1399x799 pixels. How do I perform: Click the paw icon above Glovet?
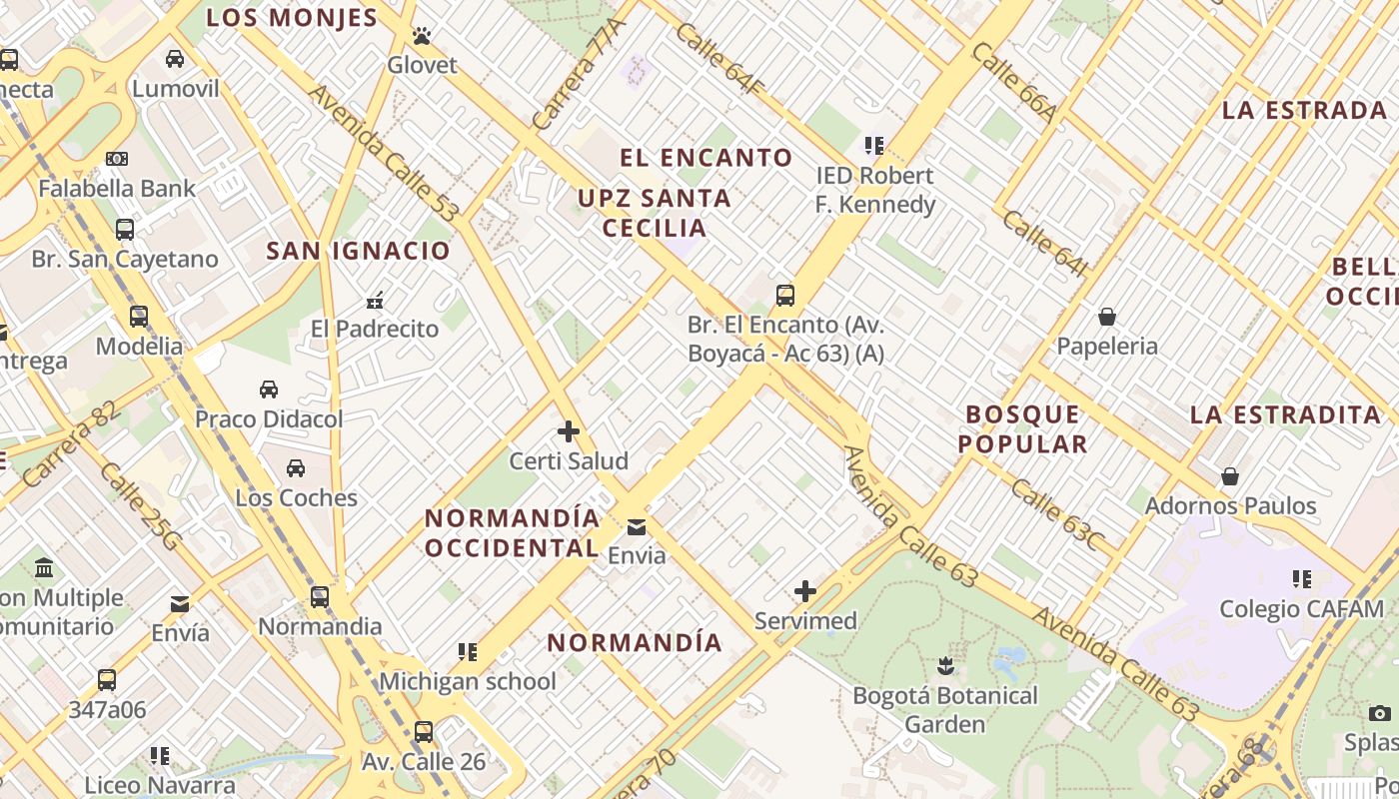click(422, 37)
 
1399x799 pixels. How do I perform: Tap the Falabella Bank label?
click(117, 188)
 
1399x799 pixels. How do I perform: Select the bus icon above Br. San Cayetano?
click(125, 230)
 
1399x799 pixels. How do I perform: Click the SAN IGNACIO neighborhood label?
click(359, 251)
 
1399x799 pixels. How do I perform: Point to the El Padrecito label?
click(375, 329)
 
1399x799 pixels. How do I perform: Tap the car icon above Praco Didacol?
click(269, 390)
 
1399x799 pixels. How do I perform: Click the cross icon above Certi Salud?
click(569, 431)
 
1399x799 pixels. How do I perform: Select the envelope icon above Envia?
click(637, 527)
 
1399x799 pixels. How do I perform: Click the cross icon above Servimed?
click(805, 591)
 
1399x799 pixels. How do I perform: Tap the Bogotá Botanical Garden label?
click(945, 709)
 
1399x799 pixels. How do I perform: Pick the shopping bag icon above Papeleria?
click(1107, 318)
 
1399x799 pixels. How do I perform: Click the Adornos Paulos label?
click(1230, 505)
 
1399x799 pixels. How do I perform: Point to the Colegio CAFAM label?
click(1302, 608)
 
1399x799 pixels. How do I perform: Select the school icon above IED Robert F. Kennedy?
click(875, 146)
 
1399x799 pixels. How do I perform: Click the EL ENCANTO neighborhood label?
click(706, 158)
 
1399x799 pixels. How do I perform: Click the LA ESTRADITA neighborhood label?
click(1285, 414)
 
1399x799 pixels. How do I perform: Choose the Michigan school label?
click(468, 681)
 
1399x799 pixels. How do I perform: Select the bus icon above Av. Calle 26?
click(424, 732)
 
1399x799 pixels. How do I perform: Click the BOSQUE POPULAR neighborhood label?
click(1023, 429)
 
